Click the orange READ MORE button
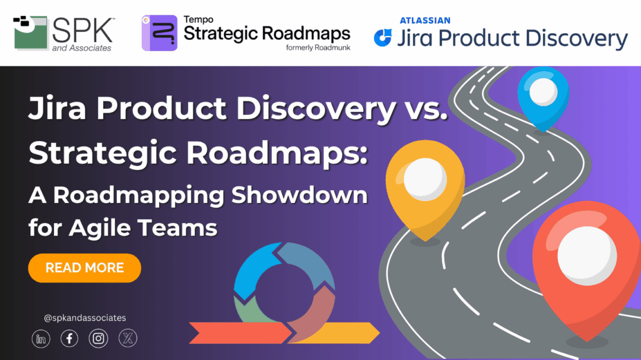click(84, 268)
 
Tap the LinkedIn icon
click(41, 339)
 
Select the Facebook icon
click(69, 339)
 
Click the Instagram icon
click(99, 339)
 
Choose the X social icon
click(128, 339)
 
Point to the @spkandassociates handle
click(85, 318)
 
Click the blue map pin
click(542, 95)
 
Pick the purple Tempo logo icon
click(159, 33)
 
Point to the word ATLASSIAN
click(424, 21)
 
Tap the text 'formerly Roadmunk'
click(318, 47)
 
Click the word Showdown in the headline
click(299, 196)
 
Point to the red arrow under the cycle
click(237, 333)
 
